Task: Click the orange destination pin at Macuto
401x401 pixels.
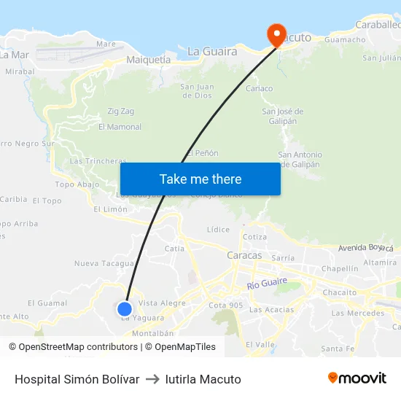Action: tap(276, 34)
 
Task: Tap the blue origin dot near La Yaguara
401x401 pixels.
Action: tap(125, 308)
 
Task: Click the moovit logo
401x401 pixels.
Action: tap(357, 378)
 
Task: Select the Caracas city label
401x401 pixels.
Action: tap(244, 255)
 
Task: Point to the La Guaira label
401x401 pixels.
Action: tap(212, 51)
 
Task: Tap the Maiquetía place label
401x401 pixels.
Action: tap(149, 60)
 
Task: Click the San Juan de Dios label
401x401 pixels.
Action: tap(197, 90)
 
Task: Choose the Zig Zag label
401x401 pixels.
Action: tap(121, 111)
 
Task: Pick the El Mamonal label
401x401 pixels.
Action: tap(120, 127)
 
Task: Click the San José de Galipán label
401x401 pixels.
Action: tap(282, 116)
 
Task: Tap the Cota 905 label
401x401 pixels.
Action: tap(225, 305)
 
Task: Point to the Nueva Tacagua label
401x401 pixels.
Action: tap(104, 263)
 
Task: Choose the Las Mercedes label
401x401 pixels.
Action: tap(357, 314)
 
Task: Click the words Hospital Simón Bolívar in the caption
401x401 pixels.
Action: tap(77, 379)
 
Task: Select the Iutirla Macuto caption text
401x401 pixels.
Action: tap(203, 379)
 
